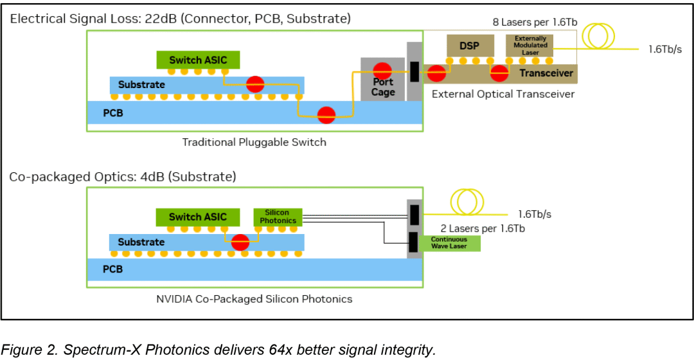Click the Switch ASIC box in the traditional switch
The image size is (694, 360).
click(x=198, y=60)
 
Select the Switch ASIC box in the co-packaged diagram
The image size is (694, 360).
click(x=198, y=217)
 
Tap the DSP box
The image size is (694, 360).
click(x=470, y=46)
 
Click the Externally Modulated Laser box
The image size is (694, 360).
click(x=530, y=46)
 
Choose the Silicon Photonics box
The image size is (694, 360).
click(x=278, y=217)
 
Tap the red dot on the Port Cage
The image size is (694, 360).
click(x=382, y=69)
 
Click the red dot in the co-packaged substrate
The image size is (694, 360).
click(x=240, y=242)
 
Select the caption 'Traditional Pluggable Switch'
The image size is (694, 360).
click(x=254, y=142)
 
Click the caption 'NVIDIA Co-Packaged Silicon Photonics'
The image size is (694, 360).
click(x=254, y=299)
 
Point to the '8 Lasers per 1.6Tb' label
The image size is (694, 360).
click(x=535, y=22)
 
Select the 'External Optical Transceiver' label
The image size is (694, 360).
click(x=503, y=94)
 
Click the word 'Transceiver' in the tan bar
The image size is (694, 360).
click(x=546, y=73)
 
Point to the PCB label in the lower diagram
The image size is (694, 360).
click(x=112, y=269)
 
